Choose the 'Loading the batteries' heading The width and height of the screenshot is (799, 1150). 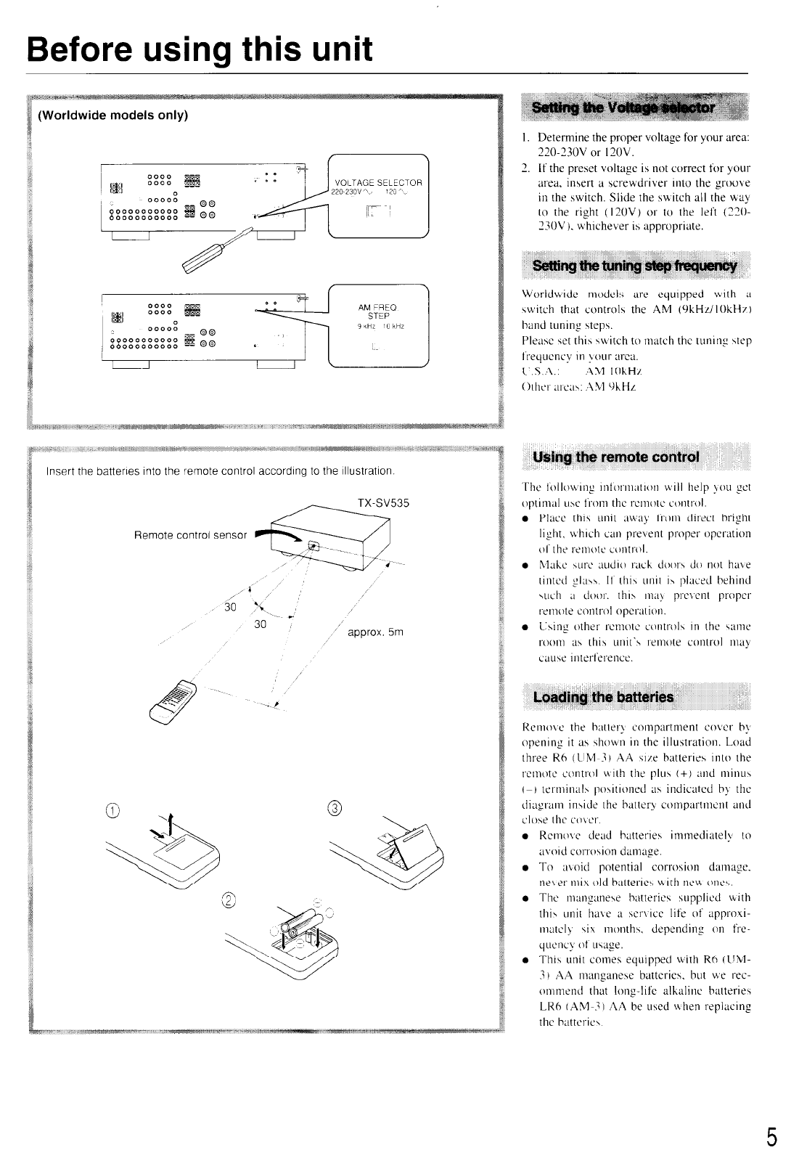(603, 698)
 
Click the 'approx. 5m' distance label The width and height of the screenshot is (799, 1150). (375, 632)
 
